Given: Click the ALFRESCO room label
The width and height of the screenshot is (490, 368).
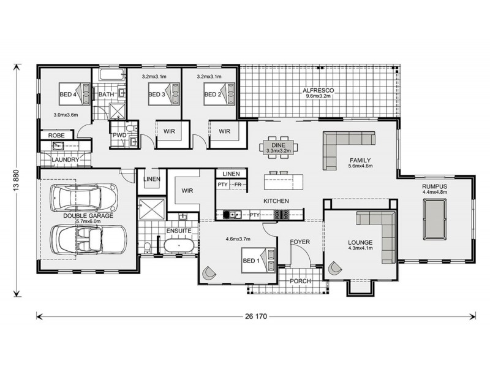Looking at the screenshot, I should tap(315, 90).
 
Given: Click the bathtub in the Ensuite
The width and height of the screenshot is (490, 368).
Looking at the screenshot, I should tap(178, 247).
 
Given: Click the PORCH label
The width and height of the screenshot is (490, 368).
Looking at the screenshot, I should tap(300, 281).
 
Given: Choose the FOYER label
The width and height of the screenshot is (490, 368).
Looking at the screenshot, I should tap(300, 242).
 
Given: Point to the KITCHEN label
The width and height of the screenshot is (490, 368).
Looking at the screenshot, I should tap(276, 201).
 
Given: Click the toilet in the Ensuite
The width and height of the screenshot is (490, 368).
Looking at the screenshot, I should tap(148, 247).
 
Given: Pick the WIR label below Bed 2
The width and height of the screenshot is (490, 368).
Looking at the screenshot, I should tap(224, 131).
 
